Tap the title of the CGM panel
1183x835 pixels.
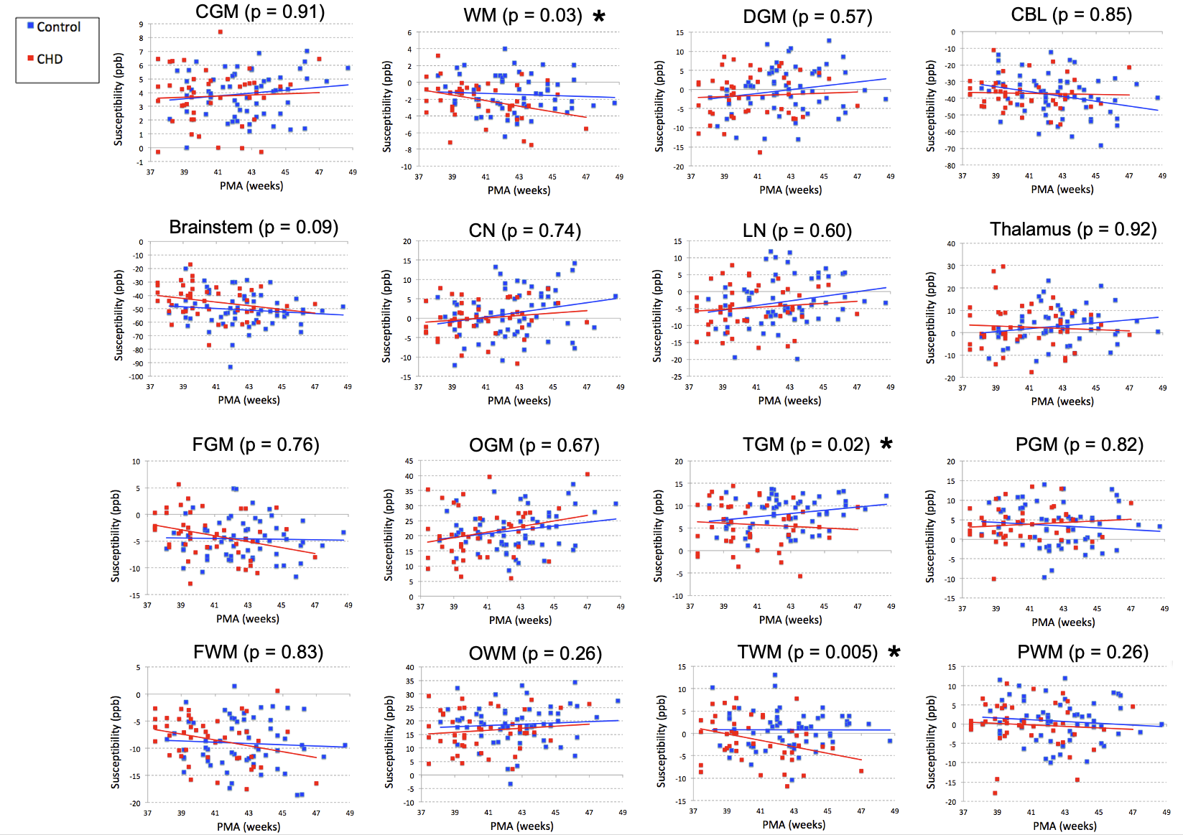pos(260,12)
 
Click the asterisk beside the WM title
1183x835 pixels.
pos(599,16)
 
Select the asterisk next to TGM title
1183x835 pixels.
pos(886,444)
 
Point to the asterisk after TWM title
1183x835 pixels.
pos(894,651)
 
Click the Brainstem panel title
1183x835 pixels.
pos(254,228)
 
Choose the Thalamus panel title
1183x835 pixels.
pos(1073,230)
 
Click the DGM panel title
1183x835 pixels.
pos(807,17)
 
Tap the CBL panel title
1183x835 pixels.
pos(1071,15)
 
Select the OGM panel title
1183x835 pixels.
pos(534,446)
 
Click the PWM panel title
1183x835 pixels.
pos(1082,653)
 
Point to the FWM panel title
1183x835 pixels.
pos(258,653)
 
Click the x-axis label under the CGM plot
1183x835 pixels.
pos(251,186)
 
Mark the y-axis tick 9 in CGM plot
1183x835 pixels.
pos(142,24)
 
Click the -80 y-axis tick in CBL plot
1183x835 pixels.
pos(950,166)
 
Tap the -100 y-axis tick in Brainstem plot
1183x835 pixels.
pos(136,376)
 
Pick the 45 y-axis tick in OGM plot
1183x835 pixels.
pos(409,461)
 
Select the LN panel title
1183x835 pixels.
pos(797,231)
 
